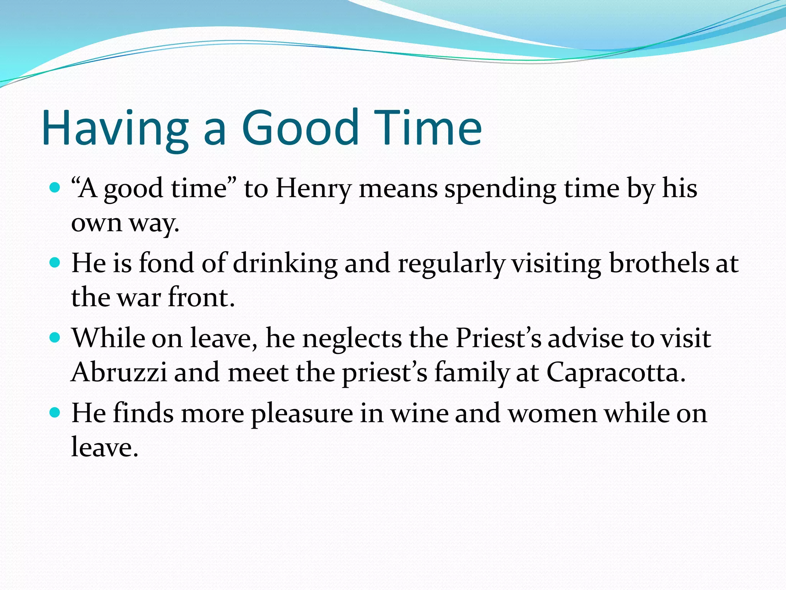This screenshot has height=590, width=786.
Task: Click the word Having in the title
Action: tap(115, 128)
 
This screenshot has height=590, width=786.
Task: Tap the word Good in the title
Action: tap(300, 128)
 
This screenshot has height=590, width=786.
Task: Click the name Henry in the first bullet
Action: tap(313, 189)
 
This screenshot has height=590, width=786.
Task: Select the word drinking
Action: tap(285, 264)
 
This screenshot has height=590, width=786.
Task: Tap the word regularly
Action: tap(451, 264)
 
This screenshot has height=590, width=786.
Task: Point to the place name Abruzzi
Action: tap(119, 373)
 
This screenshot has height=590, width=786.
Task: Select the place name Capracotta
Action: tap(616, 373)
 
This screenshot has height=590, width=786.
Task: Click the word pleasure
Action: tap(302, 414)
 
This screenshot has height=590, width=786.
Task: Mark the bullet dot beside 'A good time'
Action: tap(55, 188)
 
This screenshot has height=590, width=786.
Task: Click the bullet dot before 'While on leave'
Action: tap(55, 338)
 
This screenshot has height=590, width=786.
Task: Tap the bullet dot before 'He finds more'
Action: tap(55, 413)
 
